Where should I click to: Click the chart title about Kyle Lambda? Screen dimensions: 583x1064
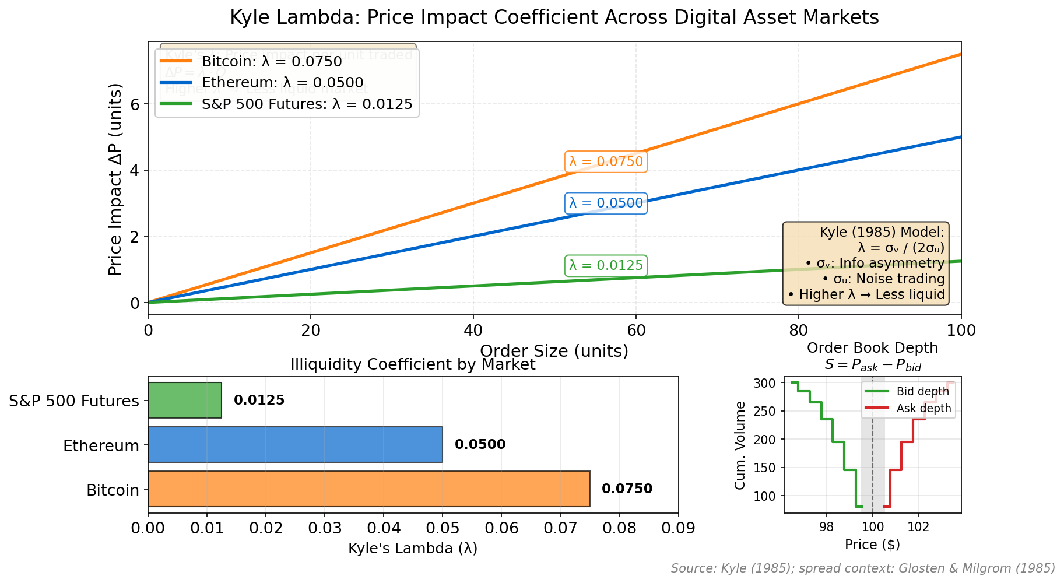[x=554, y=17]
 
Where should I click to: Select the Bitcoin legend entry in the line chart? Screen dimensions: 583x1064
[x=271, y=61]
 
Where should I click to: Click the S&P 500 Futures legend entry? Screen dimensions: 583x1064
[x=306, y=104]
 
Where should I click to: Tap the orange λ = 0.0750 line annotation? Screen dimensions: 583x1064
[x=606, y=161]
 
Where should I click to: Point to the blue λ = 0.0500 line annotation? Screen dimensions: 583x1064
[x=606, y=203]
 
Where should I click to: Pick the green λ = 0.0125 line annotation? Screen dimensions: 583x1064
[x=606, y=265]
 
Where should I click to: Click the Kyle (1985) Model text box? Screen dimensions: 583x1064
[x=866, y=263]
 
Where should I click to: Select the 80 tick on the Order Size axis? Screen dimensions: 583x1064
[x=798, y=331]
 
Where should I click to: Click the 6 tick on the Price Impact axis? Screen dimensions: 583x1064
[x=135, y=104]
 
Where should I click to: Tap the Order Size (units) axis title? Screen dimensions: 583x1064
[x=554, y=351]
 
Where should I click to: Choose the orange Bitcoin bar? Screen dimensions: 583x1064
[x=368, y=489]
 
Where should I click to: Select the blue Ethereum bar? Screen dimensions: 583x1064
[x=295, y=444]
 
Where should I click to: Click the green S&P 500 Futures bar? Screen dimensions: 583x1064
[x=185, y=400]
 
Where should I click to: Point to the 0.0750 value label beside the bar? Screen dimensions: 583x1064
[x=627, y=489]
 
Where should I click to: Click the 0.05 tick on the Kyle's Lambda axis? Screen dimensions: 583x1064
[x=443, y=528]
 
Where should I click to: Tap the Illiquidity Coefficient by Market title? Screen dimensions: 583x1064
[x=413, y=365]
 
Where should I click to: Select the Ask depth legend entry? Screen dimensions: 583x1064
[x=923, y=409]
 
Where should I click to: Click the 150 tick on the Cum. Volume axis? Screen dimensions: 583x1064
[x=768, y=468]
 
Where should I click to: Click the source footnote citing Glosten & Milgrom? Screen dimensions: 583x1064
[x=863, y=568]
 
